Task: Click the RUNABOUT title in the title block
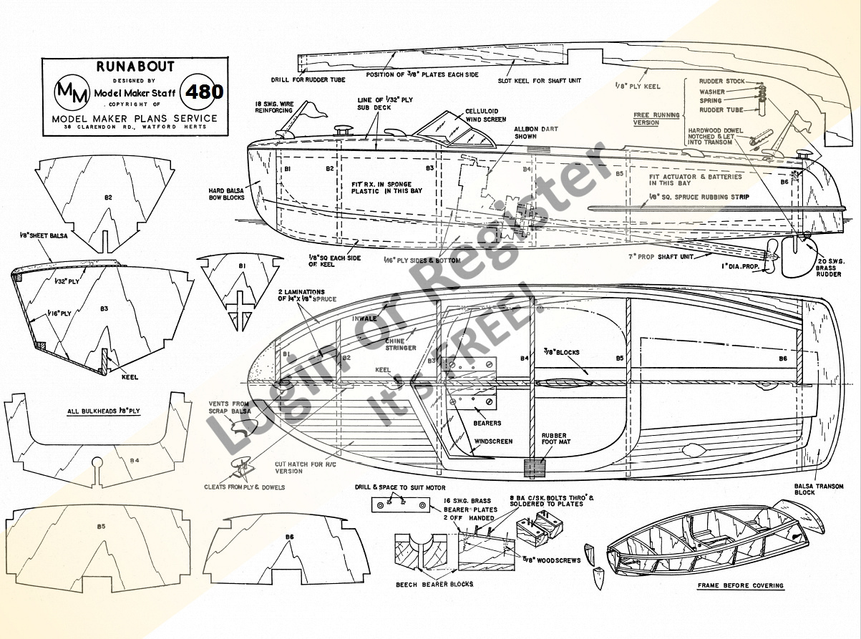pos(135,67)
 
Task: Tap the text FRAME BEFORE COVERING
pos(740,585)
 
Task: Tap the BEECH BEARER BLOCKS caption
pos(434,584)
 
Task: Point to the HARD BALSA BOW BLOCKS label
pos(227,193)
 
